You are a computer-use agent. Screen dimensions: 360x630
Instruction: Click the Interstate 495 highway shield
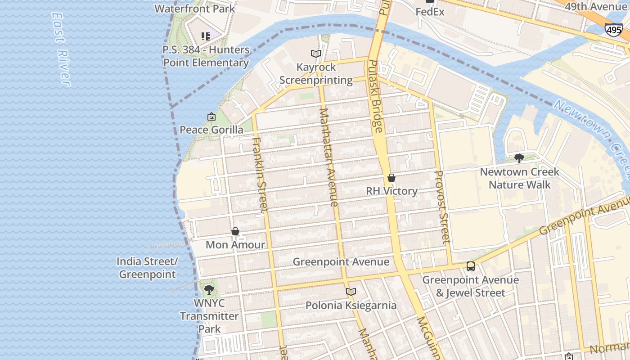613,30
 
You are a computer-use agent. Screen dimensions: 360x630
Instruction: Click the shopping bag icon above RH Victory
391,178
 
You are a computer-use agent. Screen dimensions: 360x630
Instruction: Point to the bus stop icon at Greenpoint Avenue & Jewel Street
471,266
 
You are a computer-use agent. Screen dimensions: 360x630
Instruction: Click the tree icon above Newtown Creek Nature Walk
519,158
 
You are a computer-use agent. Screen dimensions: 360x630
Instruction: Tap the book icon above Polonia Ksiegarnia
351,292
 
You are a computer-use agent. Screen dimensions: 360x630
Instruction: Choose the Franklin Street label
260,174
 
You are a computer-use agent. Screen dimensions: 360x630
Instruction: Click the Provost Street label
442,207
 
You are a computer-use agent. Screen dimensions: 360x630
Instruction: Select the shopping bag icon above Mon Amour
235,232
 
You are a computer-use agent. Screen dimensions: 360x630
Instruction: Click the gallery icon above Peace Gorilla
211,117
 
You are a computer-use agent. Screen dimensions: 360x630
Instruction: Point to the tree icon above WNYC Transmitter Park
209,290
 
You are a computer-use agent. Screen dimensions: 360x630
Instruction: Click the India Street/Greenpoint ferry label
147,268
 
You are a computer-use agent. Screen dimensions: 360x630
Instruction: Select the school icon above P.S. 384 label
206,36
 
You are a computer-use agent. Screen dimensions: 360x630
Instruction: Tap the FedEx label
430,12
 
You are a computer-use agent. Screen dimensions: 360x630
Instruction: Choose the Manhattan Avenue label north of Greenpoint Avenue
328,157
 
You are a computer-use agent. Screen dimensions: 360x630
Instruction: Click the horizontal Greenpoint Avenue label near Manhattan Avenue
341,262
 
